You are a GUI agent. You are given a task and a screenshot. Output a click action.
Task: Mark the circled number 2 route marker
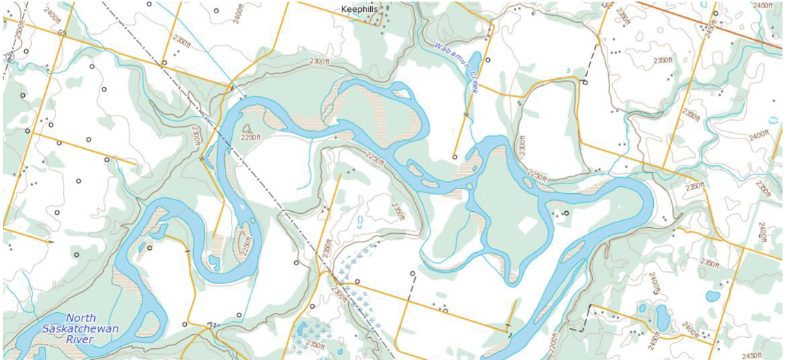9,57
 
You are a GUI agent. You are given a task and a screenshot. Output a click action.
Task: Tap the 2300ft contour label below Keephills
320,62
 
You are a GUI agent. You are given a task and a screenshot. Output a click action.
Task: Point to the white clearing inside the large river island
528,225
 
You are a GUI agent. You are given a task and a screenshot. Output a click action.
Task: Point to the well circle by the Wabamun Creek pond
488,60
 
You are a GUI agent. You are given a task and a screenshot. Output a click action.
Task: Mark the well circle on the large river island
566,213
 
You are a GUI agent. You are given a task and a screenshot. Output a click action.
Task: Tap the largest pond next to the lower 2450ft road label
662,318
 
